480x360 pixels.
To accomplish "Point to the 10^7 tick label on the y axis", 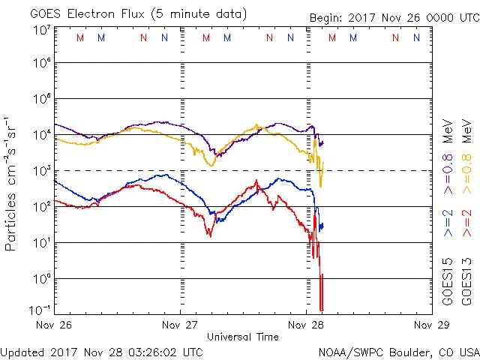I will (x=42, y=29).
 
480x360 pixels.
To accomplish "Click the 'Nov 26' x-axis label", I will (x=55, y=326).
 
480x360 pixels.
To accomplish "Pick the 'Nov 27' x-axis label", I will (x=180, y=326).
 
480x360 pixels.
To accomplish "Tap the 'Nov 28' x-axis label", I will (x=306, y=326).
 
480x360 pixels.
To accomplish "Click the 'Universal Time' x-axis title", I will (x=242, y=337).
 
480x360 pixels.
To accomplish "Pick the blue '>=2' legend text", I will (x=448, y=223).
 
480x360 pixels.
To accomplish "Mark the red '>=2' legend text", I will (x=466, y=223).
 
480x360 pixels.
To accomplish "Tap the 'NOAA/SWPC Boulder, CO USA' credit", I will (x=397, y=351).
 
